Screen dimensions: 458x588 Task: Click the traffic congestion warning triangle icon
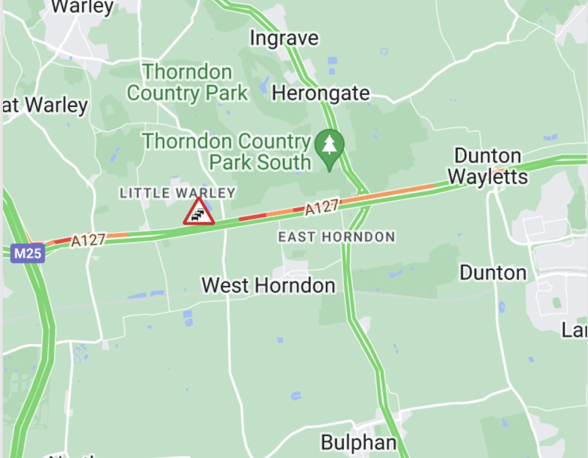(199, 211)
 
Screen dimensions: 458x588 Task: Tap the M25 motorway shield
(27, 253)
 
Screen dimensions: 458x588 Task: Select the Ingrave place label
(284, 38)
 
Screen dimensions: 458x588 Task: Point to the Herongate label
(321, 93)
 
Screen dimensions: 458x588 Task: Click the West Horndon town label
(268, 285)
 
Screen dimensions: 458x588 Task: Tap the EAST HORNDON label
(337, 237)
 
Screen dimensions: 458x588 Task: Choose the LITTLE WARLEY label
(178, 192)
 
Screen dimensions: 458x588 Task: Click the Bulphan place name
(359, 443)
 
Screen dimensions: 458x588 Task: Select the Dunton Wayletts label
(487, 166)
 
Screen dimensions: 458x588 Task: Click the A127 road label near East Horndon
(322, 207)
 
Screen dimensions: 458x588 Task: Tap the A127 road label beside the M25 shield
(88, 240)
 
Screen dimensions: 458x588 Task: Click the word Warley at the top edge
(82, 7)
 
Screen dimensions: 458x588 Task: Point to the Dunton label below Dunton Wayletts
(493, 273)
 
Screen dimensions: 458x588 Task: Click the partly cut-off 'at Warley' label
(45, 105)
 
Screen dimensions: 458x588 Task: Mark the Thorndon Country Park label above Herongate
(187, 83)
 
